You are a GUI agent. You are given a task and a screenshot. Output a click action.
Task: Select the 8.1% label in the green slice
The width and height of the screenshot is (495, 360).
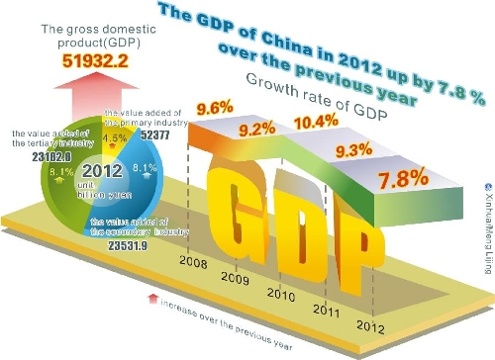tap(61, 172)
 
